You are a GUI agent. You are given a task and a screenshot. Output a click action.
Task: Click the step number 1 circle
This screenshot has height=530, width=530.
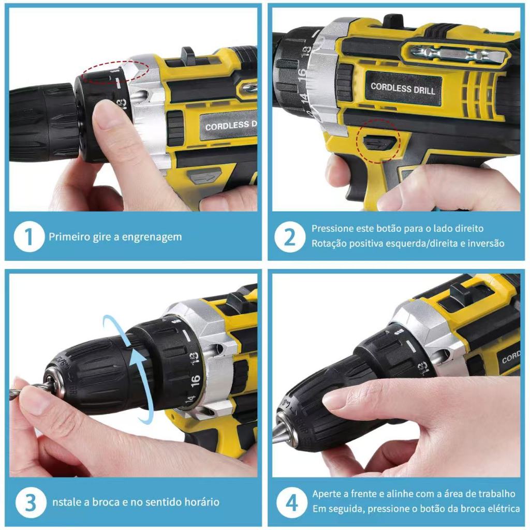29,236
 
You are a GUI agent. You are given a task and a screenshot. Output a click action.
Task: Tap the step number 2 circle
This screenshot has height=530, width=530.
290,237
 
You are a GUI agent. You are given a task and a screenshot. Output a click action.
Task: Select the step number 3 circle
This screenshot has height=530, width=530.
30,503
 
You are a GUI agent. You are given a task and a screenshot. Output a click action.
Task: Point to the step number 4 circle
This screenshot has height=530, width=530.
292,503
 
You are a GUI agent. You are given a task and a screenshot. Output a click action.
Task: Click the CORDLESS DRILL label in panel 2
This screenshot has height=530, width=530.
403,88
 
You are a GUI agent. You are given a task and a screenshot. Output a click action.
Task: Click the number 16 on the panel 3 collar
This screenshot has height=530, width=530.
195,380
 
